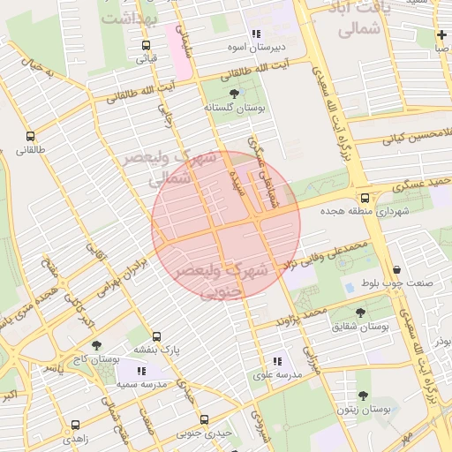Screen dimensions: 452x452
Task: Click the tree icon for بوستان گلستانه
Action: [234, 93]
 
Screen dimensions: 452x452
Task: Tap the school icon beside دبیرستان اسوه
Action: [256, 34]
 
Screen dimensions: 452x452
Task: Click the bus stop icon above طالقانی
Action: [31, 137]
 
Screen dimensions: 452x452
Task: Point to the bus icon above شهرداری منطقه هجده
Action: [365, 198]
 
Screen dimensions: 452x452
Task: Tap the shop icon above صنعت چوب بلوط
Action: [396, 269]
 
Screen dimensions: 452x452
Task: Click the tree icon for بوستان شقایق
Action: [359, 313]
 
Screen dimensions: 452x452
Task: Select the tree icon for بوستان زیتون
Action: [363, 396]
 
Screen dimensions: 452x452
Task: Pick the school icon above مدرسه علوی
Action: [277, 360]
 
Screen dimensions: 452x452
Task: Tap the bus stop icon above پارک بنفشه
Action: [156, 336]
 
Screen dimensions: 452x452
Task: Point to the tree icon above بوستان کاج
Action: [97, 345]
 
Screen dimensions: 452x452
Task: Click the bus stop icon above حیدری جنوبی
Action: [204, 419]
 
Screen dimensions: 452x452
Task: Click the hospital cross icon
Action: [441, 35]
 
